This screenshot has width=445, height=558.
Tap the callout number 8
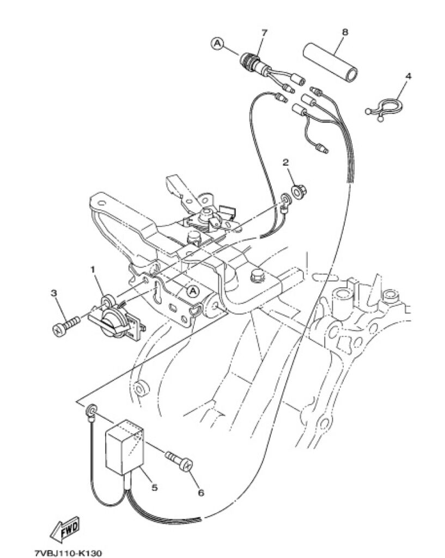click(x=345, y=32)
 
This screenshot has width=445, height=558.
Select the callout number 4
click(x=409, y=76)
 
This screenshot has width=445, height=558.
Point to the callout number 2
click(x=285, y=162)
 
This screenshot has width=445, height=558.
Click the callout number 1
click(x=93, y=270)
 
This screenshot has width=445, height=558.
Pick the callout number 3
click(x=54, y=293)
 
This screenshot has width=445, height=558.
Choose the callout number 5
click(x=154, y=487)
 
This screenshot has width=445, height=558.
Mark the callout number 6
click(x=201, y=493)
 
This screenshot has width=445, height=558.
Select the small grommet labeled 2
click(x=298, y=192)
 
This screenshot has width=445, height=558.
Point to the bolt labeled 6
click(x=179, y=460)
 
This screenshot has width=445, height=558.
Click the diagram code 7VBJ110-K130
click(x=68, y=553)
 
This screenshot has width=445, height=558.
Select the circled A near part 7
click(x=217, y=44)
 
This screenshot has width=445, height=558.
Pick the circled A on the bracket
click(x=193, y=291)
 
